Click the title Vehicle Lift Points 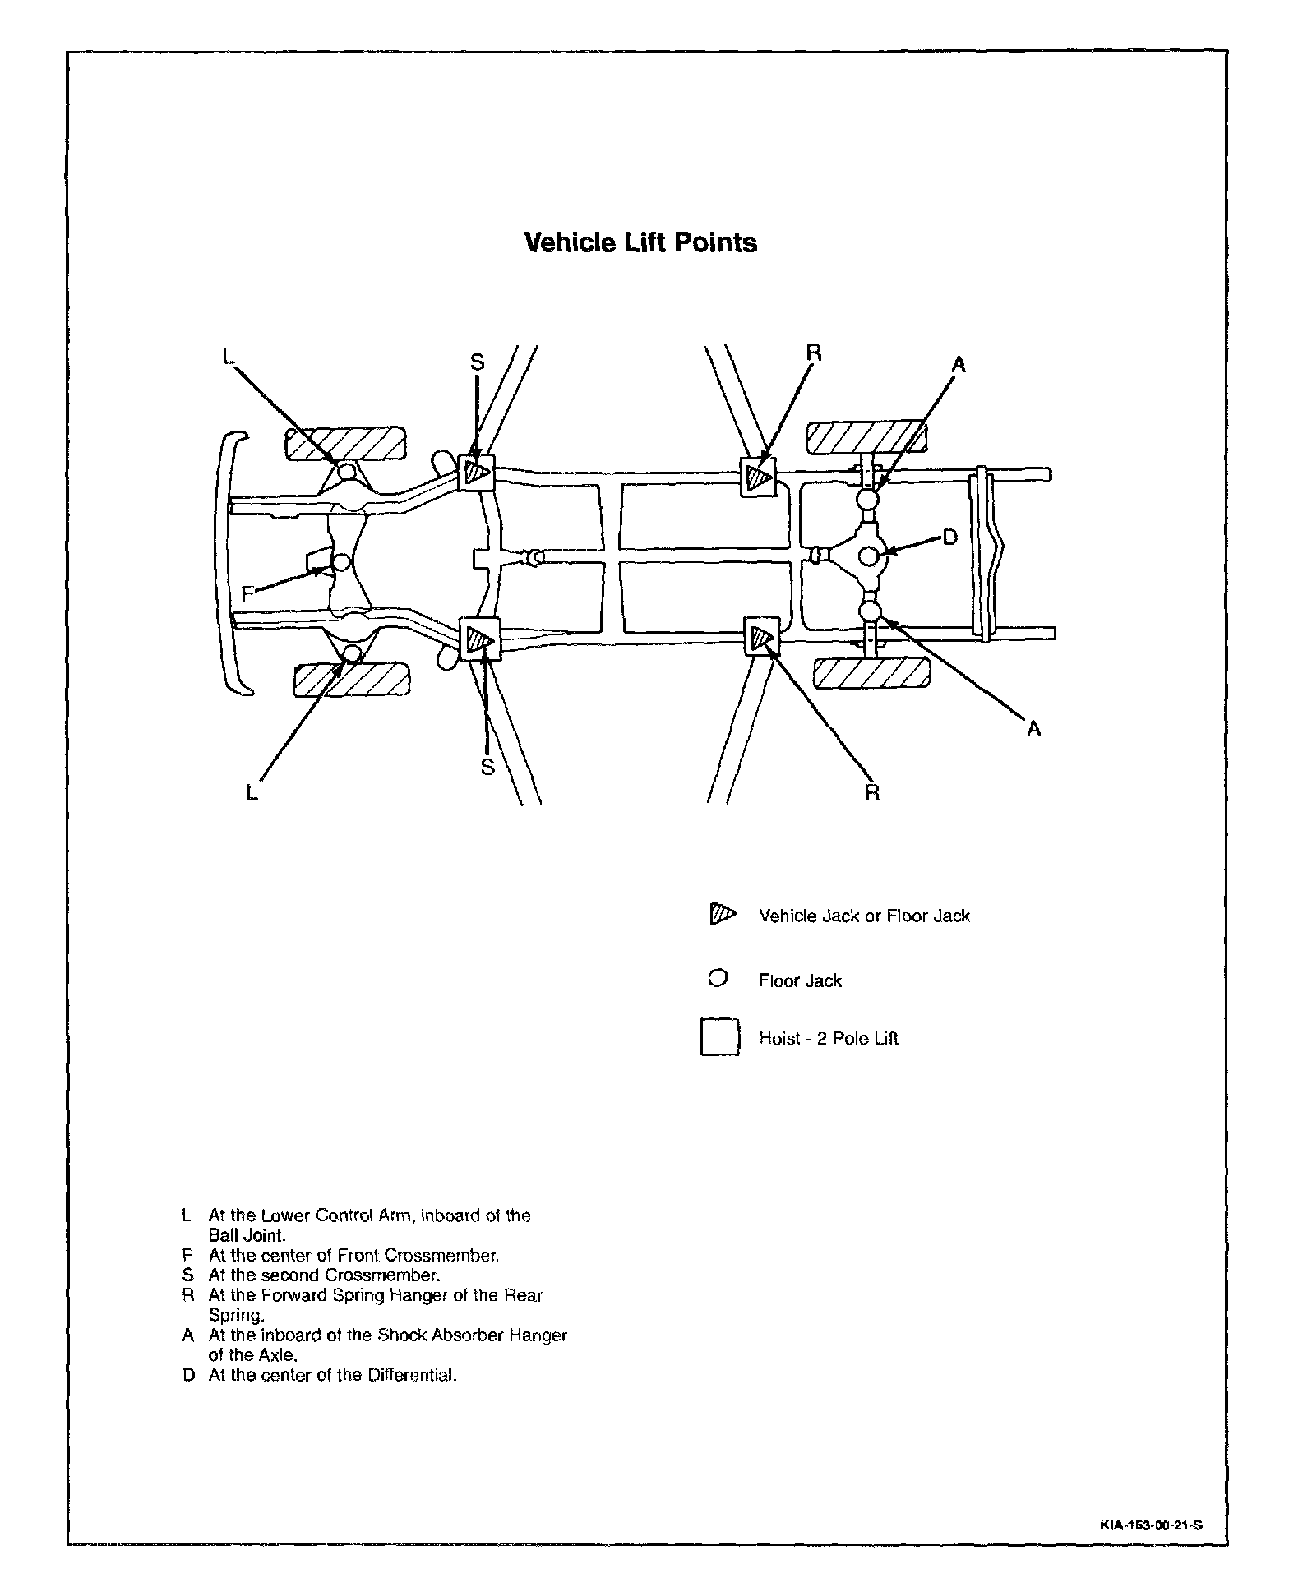coord(640,243)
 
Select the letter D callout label coord(949,537)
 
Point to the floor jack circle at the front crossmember coord(340,563)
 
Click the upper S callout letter coord(478,362)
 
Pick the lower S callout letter coord(487,766)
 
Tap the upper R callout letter coord(814,353)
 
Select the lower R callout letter coord(872,792)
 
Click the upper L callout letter coord(229,355)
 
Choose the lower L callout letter coord(252,792)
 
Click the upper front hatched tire coord(345,444)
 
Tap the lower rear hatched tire coord(871,674)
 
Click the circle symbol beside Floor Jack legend coord(718,979)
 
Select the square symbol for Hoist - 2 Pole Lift coord(719,1037)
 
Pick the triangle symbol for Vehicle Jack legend coord(721,914)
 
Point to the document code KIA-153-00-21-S coord(1151,1525)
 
